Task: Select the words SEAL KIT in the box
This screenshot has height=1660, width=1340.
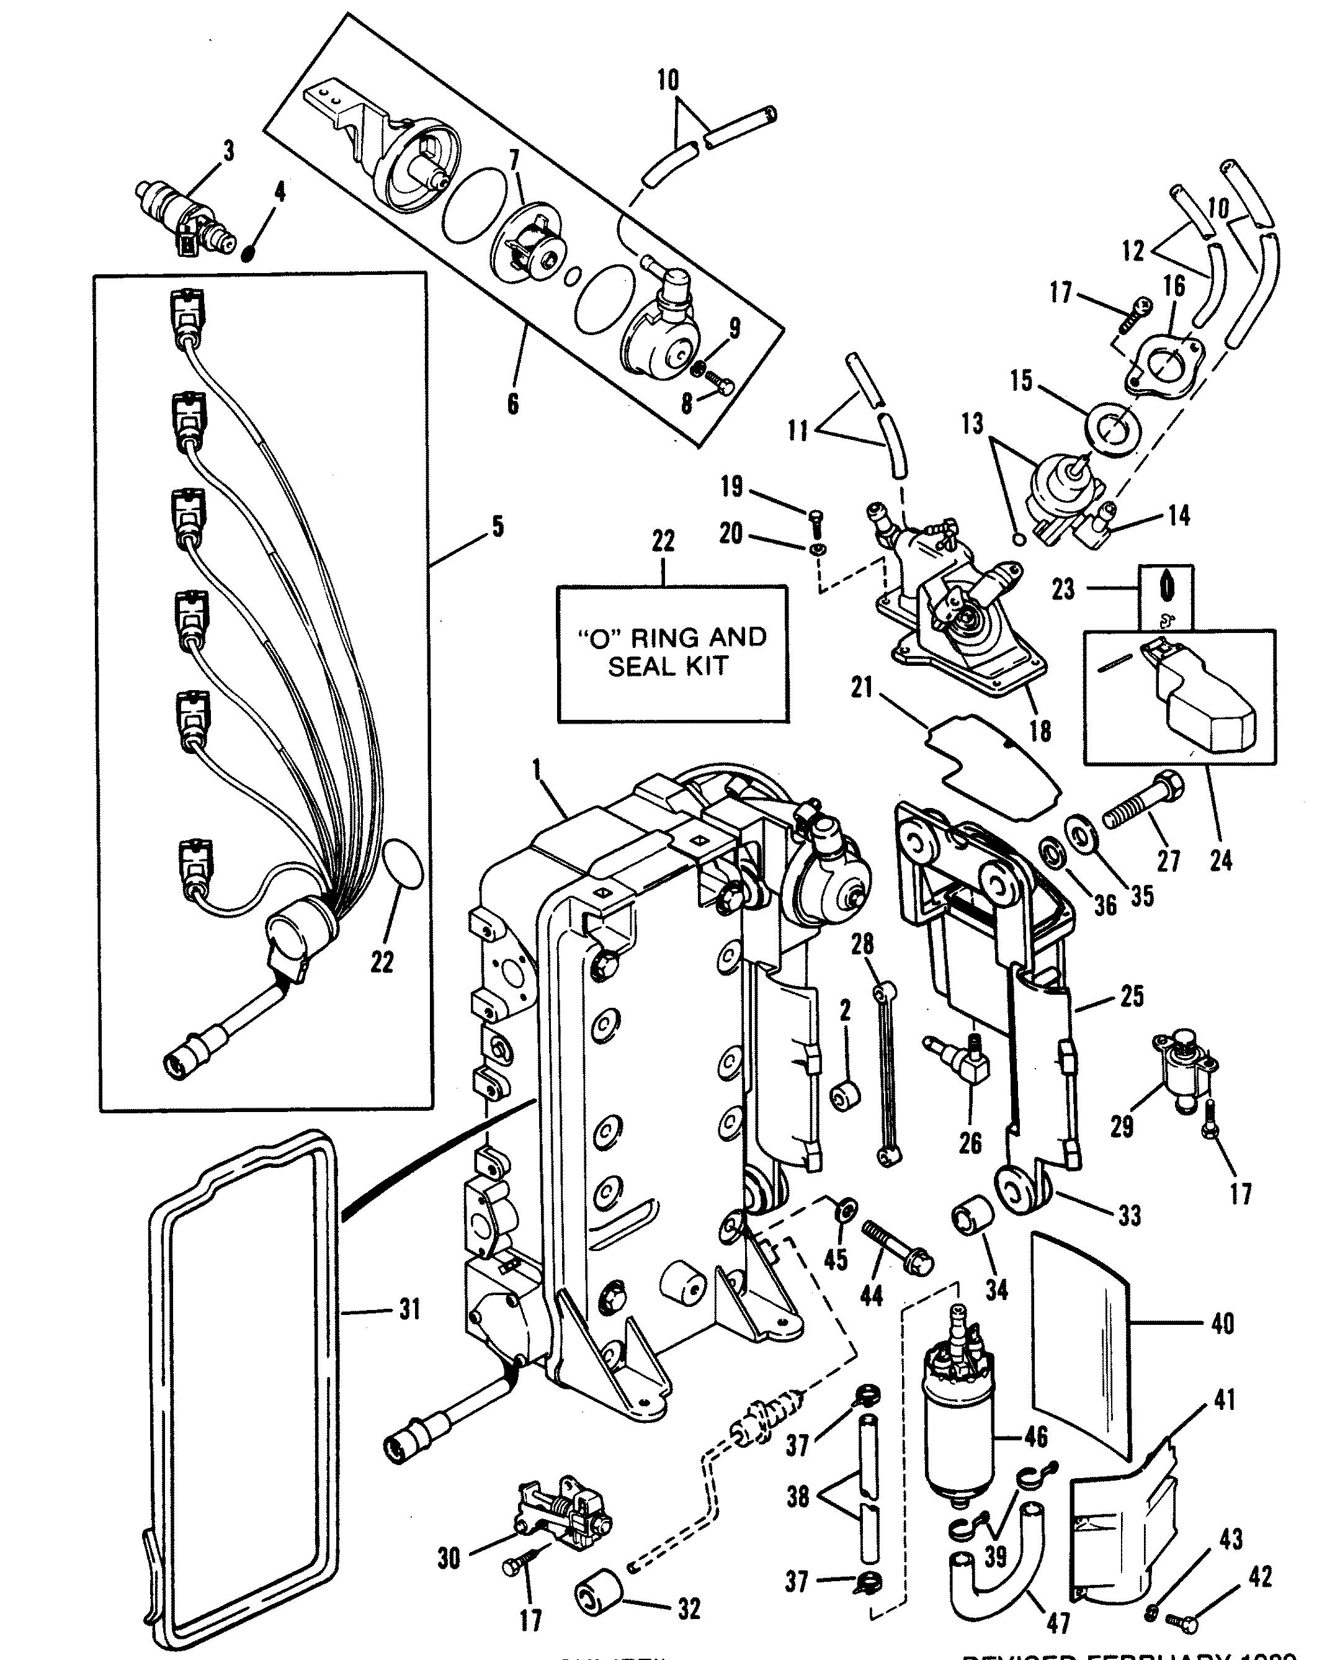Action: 669,666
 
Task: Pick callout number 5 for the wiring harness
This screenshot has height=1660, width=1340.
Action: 498,527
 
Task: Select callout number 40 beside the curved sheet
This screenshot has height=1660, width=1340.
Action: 1223,1324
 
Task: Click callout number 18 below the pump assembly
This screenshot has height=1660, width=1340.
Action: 1040,730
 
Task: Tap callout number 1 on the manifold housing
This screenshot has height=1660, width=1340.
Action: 537,768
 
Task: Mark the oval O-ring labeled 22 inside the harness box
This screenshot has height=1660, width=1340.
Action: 403,864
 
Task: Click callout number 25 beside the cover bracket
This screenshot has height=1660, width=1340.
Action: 1132,996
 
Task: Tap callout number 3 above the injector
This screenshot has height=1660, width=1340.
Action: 228,151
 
